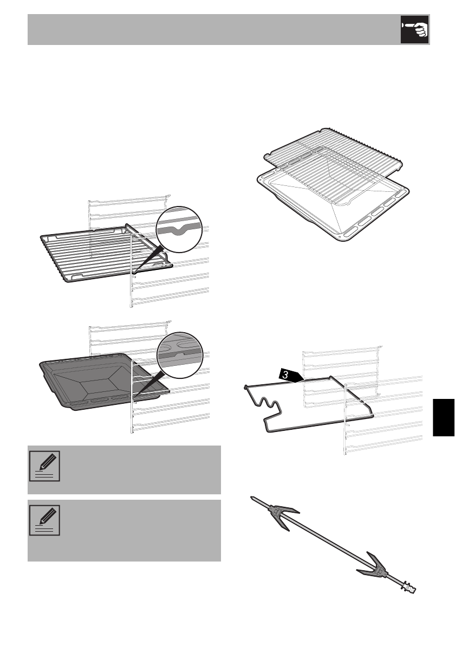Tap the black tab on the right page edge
click(x=444, y=415)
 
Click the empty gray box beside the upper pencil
click(x=141, y=469)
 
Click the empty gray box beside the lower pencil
click(x=141, y=530)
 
